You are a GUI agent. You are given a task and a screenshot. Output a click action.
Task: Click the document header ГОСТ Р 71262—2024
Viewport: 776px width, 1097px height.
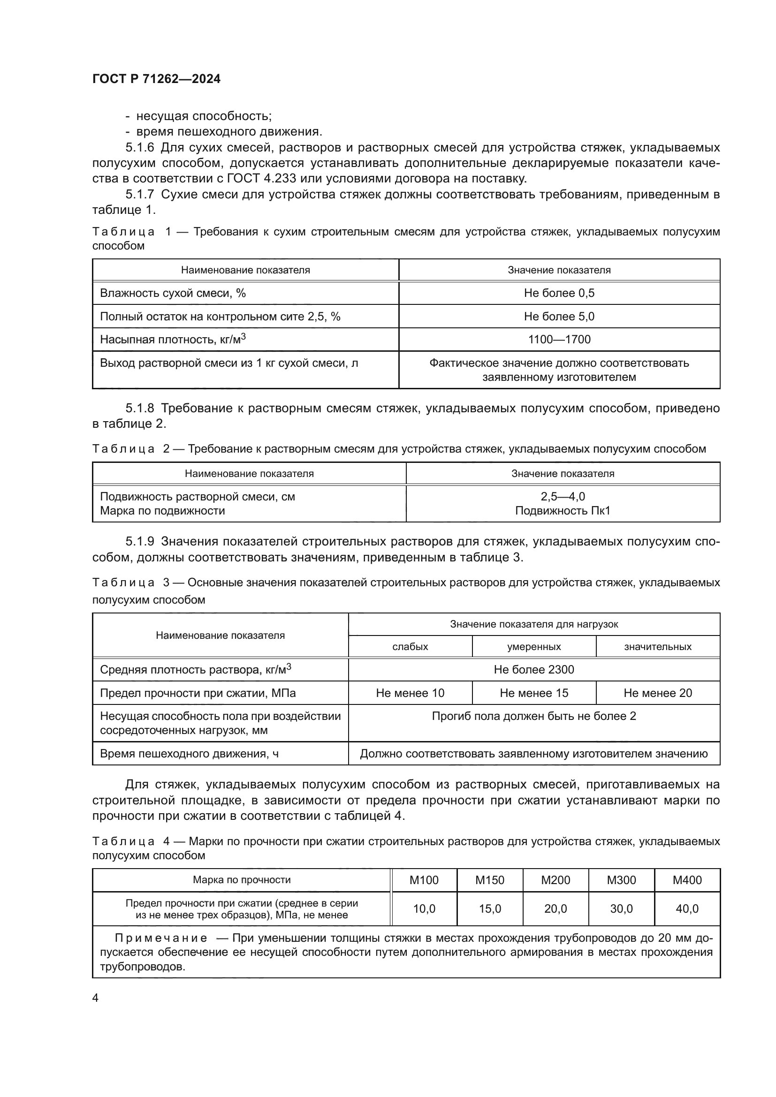click(156, 79)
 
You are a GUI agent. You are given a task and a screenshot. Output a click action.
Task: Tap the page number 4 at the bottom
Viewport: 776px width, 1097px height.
click(96, 998)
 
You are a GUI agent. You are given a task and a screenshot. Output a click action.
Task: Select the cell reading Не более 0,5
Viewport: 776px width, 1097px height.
click(559, 293)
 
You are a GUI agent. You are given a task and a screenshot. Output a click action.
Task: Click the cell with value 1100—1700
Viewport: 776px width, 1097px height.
click(559, 339)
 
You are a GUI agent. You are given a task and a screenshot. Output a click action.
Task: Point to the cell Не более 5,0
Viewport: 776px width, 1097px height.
click(559, 316)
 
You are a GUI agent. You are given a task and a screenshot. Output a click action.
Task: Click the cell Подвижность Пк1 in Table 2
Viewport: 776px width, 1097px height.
click(563, 511)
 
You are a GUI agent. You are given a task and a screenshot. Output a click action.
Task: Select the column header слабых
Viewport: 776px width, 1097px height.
click(410, 646)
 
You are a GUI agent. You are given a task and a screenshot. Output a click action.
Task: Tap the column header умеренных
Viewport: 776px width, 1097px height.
click(534, 646)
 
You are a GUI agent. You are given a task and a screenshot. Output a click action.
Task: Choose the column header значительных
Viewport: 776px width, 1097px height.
click(657, 646)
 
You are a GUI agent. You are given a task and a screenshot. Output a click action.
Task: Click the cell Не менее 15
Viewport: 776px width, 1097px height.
click(534, 693)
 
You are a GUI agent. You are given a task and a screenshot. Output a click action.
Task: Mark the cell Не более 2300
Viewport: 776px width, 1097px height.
click(534, 669)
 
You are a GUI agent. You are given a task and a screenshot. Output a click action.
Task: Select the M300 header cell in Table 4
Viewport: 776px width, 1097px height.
click(621, 880)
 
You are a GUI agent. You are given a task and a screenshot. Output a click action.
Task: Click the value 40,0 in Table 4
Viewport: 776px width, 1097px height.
click(687, 909)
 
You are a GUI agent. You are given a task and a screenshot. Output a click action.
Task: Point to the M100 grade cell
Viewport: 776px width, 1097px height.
click(424, 880)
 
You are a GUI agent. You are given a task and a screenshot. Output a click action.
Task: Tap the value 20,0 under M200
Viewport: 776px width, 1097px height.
click(555, 909)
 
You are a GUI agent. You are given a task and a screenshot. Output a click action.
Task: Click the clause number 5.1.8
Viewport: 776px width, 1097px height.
click(139, 408)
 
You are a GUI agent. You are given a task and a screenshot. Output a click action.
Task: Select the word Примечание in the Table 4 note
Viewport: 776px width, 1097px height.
click(161, 938)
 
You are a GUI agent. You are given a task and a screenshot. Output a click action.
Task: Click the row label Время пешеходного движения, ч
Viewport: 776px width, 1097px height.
click(189, 754)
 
